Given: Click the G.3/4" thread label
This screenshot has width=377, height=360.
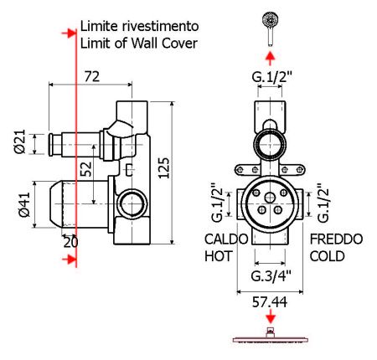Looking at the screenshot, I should point(270,275).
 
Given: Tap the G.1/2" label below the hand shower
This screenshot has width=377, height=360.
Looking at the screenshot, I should point(270,78).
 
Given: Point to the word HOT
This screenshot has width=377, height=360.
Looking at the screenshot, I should point(217,257).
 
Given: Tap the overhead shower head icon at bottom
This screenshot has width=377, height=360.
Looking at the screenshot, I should point(270,337).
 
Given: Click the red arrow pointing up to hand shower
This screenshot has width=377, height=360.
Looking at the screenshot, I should point(270,57).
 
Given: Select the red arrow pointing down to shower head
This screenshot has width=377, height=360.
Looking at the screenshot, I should point(270,318).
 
